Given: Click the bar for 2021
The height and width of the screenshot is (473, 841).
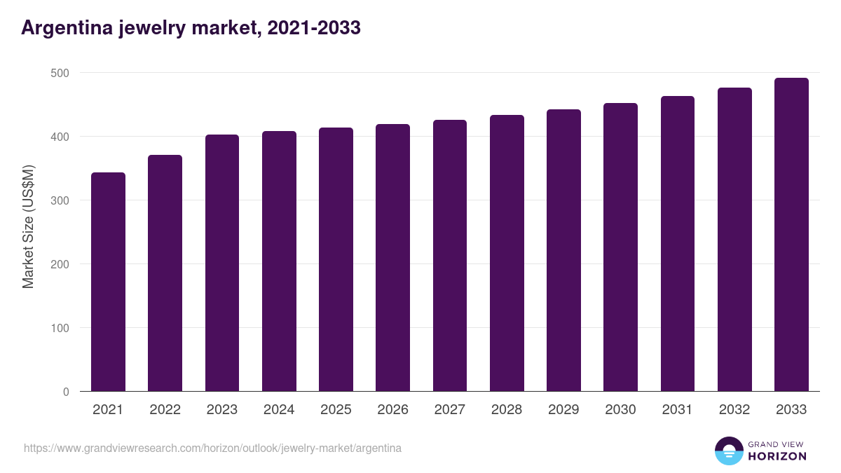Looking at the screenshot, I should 108,282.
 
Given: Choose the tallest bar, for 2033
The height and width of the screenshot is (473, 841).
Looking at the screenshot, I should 791,235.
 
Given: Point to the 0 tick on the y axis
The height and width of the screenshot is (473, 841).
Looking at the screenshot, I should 66,392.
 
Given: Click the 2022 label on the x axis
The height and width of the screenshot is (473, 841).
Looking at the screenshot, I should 165,410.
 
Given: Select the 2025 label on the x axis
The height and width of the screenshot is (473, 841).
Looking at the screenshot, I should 336,410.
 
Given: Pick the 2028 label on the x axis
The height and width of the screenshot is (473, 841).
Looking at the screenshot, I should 507,410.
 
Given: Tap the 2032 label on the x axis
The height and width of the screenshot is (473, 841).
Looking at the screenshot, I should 734,410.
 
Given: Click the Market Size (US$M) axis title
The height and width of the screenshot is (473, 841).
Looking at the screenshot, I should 28,226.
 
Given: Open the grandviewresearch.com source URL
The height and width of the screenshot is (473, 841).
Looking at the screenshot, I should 212,448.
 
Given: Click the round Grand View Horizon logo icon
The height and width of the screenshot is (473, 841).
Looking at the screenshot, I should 728,451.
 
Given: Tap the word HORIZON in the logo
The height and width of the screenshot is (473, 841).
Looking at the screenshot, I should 777,456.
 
